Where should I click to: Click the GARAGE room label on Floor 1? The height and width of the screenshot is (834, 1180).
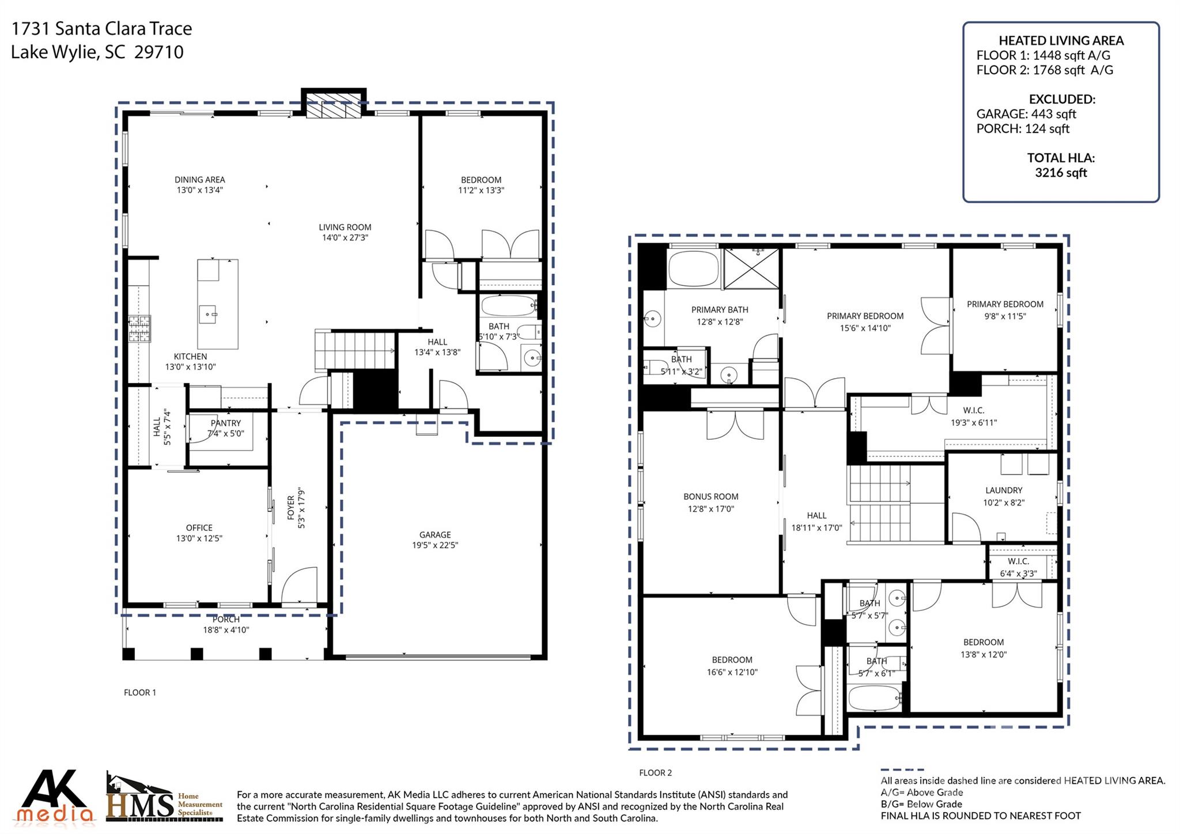(x=435, y=534)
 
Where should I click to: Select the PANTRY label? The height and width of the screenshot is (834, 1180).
(x=226, y=423)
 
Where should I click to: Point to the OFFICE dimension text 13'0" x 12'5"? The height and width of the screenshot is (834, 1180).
(x=199, y=538)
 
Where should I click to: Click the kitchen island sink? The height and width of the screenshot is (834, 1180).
(x=207, y=315)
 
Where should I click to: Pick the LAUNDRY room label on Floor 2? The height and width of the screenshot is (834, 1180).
(x=1004, y=490)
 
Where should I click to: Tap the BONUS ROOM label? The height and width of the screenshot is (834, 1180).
(x=710, y=496)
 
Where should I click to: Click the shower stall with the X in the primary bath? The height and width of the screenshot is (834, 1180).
(x=751, y=269)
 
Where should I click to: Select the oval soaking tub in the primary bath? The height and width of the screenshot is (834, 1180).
(x=694, y=269)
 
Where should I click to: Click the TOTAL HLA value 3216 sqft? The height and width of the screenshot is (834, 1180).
(x=1061, y=172)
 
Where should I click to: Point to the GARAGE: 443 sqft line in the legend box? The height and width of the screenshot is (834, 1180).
(x=1026, y=114)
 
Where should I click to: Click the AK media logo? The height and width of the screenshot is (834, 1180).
(x=55, y=796)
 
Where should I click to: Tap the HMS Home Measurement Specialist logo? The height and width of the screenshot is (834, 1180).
(x=164, y=799)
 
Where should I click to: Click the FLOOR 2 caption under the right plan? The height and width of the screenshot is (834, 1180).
(x=655, y=773)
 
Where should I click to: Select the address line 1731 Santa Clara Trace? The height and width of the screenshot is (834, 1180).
(x=102, y=28)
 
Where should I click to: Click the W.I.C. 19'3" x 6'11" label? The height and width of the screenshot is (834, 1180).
(x=973, y=416)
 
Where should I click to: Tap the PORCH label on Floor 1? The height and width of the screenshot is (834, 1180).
(x=226, y=619)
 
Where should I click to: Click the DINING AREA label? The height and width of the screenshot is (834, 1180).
(x=199, y=179)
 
